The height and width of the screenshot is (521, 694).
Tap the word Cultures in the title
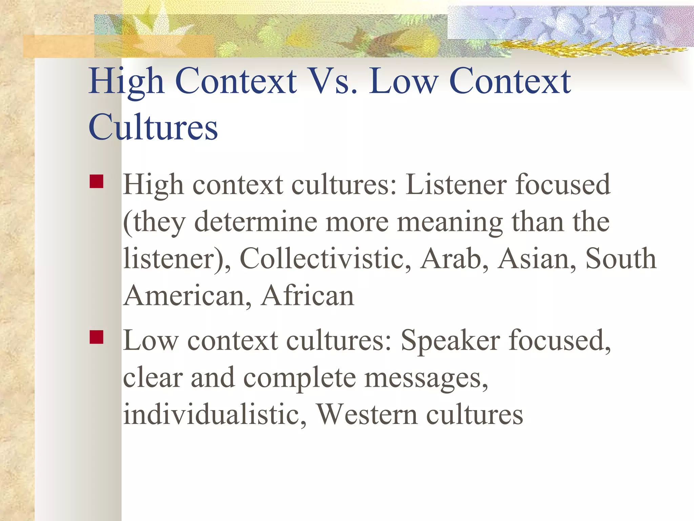click(153, 127)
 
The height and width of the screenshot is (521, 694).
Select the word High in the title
click(126, 81)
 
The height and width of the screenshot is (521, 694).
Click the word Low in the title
click(403, 81)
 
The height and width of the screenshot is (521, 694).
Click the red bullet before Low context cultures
click(96, 337)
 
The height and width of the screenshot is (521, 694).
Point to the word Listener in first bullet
click(456, 185)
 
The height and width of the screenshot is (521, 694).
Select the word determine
click(256, 222)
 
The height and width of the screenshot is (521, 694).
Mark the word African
click(308, 296)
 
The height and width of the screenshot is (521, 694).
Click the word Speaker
click(450, 341)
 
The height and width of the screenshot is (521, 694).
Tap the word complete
click(300, 378)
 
